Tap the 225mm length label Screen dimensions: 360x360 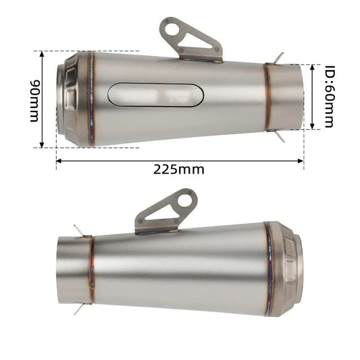click(x=179, y=169)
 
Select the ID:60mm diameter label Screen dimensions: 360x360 click(x=329, y=97)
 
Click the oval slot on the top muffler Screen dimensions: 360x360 click(x=159, y=95)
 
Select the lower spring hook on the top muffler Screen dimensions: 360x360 click(x=280, y=136)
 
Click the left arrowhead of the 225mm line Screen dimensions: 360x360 click(x=59, y=160)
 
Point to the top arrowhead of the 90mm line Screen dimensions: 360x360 click(x=43, y=53)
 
